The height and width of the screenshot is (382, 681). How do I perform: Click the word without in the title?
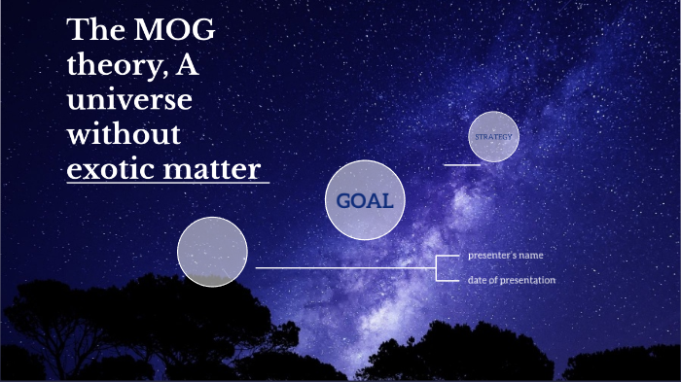click(124, 134)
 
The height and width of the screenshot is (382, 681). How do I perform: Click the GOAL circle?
click(364, 200)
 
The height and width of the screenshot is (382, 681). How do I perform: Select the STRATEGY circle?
click(493, 137)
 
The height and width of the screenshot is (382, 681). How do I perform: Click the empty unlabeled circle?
click(212, 252)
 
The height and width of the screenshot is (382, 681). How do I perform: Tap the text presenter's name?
click(505, 255)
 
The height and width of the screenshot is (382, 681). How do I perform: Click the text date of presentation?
click(511, 280)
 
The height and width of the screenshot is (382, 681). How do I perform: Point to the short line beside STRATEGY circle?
click(462, 164)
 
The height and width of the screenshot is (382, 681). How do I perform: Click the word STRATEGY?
click(493, 137)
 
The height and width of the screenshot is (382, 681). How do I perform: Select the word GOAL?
click(364, 201)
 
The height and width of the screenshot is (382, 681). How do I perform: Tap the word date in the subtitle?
click(477, 280)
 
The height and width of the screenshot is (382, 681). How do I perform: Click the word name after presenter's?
click(530, 255)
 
